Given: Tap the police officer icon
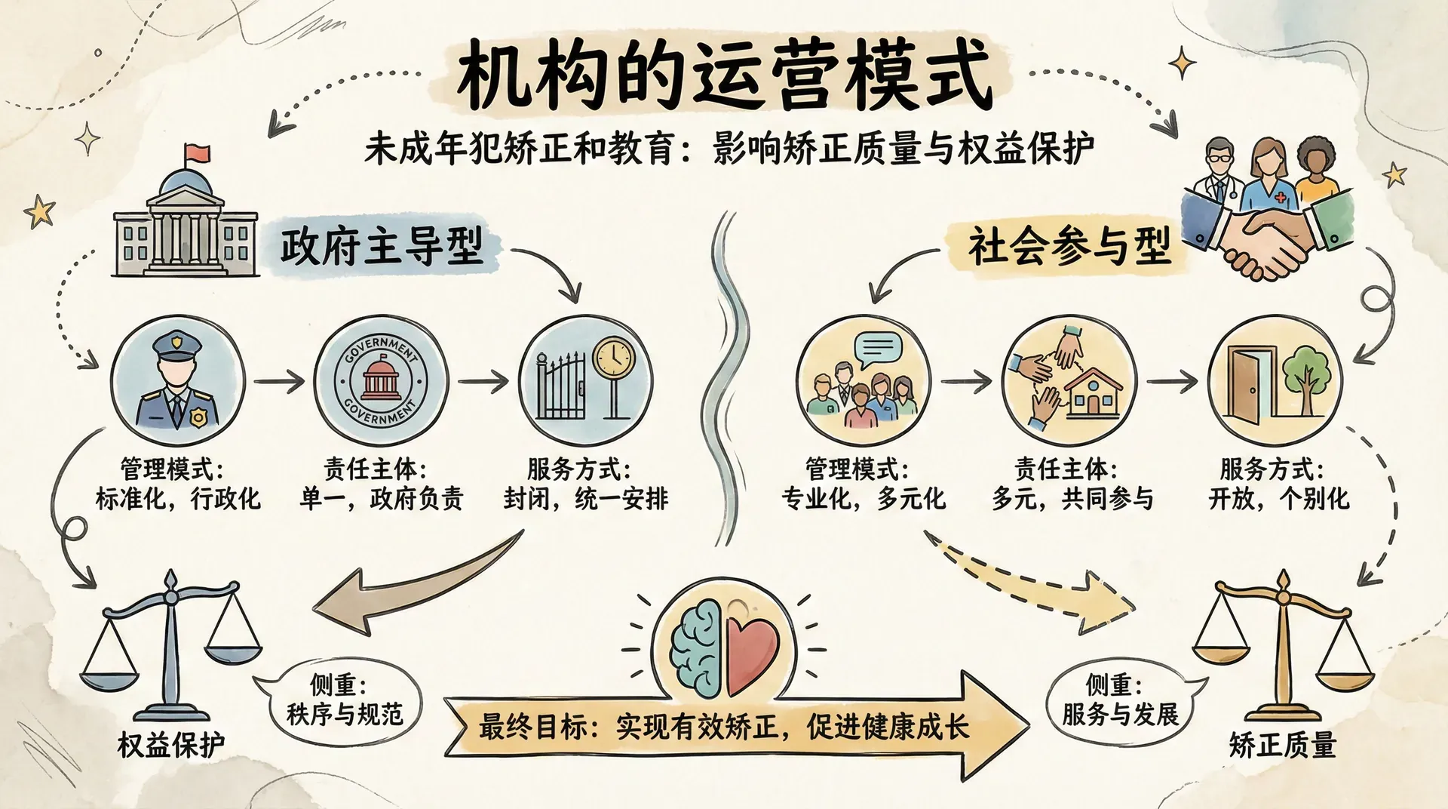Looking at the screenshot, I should click(177, 380).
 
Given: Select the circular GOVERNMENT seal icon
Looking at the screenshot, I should click(380, 380).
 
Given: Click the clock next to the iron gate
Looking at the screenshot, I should click(614, 357).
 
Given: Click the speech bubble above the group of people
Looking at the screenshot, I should click(878, 349).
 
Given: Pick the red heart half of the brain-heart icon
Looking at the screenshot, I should click(751, 651).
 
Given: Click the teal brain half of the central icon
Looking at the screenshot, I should click(698, 651).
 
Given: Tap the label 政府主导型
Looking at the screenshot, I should click(381, 246).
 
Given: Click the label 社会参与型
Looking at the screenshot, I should click(1069, 246).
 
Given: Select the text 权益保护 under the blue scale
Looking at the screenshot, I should click(171, 745).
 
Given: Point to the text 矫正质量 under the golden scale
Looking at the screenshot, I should click(1282, 745).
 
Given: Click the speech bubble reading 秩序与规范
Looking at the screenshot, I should click(344, 700).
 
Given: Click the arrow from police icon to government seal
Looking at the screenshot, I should click(278, 382).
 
